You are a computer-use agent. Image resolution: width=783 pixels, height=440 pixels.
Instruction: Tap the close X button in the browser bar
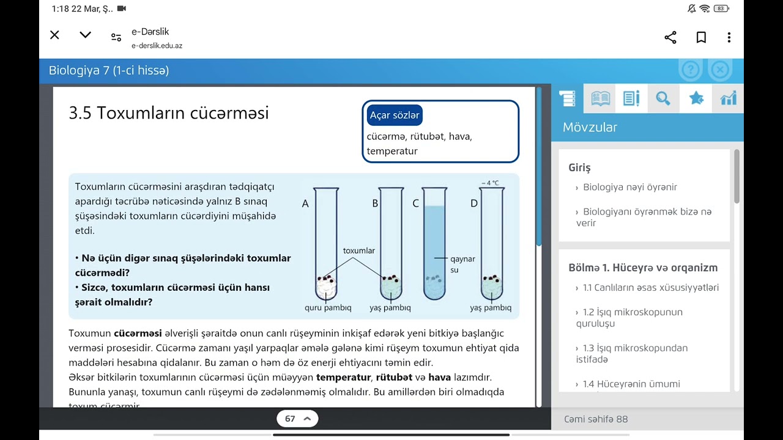pyautogui.click(x=54, y=35)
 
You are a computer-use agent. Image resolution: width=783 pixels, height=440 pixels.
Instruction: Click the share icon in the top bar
pyautogui.click(x=670, y=37)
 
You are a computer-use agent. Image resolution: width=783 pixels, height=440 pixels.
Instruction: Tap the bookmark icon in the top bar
pyautogui.click(x=701, y=37)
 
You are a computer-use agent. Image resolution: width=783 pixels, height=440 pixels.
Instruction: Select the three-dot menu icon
pyautogui.click(x=729, y=37)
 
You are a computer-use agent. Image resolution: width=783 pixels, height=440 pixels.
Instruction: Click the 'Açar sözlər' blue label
pyautogui.click(x=395, y=116)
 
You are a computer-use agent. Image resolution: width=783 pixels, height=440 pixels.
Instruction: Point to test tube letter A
pyautogui.click(x=305, y=204)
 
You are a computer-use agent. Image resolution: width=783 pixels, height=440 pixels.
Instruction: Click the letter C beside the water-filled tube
pyautogui.click(x=415, y=204)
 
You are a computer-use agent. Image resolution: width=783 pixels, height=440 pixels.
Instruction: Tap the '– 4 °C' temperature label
pyautogui.click(x=489, y=183)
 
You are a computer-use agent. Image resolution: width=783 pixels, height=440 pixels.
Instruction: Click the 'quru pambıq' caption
pyautogui.click(x=328, y=308)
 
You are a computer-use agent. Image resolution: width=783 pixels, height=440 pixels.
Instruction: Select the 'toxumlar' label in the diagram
pyautogui.click(x=359, y=251)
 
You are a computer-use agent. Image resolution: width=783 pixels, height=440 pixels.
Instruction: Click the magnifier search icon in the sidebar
pyautogui.click(x=663, y=98)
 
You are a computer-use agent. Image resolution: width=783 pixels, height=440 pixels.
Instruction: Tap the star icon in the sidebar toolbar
pyautogui.click(x=696, y=98)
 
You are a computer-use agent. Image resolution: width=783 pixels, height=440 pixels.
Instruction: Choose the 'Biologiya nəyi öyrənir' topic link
pyautogui.click(x=629, y=188)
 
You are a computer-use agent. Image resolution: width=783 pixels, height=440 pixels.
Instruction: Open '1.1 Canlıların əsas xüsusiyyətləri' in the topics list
pyautogui.click(x=650, y=288)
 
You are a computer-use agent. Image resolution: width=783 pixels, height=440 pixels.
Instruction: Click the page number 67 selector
pyautogui.click(x=297, y=419)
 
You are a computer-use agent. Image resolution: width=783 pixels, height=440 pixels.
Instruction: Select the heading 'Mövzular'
pyautogui.click(x=590, y=127)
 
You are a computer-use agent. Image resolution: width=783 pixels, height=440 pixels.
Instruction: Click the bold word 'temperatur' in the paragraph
pyautogui.click(x=343, y=377)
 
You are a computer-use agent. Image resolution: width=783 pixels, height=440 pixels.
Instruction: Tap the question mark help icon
pyautogui.click(x=690, y=70)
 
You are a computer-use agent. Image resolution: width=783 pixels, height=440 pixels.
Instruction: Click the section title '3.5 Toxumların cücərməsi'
pyautogui.click(x=169, y=113)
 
